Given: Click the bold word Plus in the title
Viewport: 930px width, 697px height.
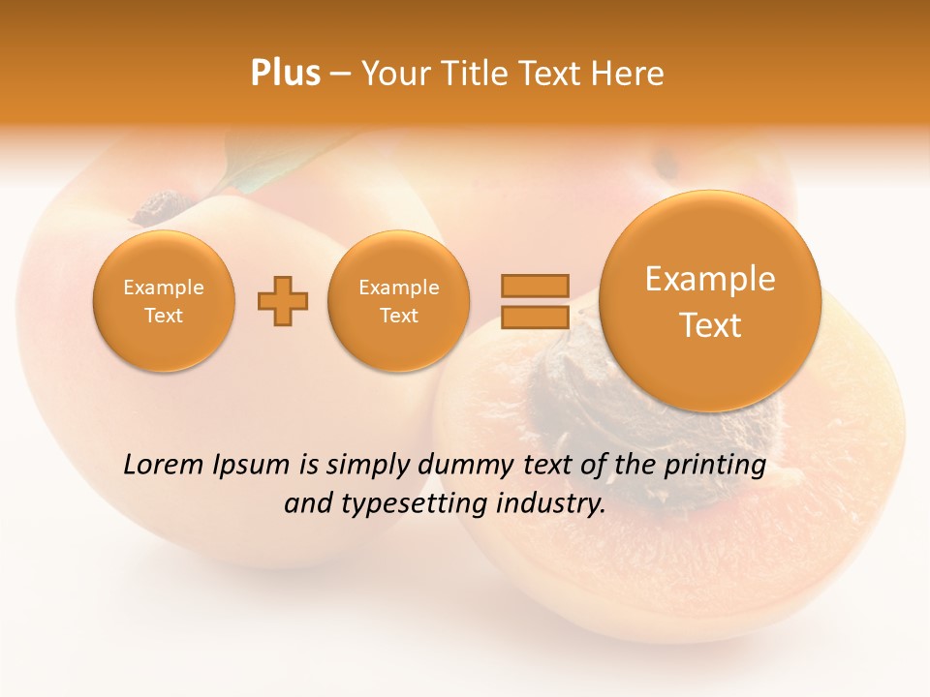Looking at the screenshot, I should (x=285, y=74).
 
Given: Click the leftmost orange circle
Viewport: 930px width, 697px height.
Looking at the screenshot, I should (x=164, y=301).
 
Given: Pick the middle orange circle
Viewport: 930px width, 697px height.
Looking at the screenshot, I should (x=398, y=301).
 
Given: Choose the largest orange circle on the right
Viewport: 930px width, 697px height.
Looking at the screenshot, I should (x=710, y=301).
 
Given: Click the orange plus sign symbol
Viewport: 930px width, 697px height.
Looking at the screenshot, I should (x=282, y=301).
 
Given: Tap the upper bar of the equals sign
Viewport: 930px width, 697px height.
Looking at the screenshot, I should (x=535, y=286).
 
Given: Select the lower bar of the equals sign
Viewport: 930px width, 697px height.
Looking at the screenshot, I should (x=535, y=317).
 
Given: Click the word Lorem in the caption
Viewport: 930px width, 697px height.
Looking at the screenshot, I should (x=164, y=465).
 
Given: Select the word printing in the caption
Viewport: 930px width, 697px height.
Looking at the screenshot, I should (x=714, y=466).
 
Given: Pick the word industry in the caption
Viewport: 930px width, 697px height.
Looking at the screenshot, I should (x=552, y=504).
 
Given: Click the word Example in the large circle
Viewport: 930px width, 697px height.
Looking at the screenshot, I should (x=710, y=279).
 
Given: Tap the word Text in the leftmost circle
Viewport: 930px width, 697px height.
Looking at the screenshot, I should (x=164, y=316).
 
